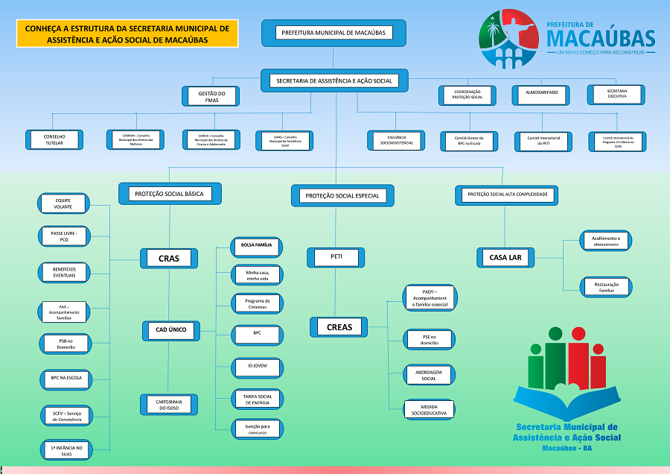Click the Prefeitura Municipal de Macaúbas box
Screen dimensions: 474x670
(x=334, y=34)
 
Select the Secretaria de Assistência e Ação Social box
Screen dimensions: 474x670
(x=334, y=80)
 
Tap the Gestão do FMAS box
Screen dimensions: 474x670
(x=211, y=96)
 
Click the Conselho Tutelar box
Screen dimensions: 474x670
(x=54, y=139)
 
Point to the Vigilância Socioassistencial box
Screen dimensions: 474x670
(x=395, y=140)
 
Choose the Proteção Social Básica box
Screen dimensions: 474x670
(x=170, y=194)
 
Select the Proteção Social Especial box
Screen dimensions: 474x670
(x=342, y=196)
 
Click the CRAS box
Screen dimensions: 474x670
(x=169, y=259)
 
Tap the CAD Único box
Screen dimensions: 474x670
(x=170, y=329)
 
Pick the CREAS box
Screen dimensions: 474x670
(x=339, y=326)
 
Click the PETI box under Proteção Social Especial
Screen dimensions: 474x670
(x=336, y=258)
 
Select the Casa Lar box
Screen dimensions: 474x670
(x=505, y=258)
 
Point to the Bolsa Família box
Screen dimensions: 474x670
(x=257, y=245)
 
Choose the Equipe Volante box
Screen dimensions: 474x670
(x=63, y=203)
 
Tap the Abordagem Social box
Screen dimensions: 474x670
(x=428, y=375)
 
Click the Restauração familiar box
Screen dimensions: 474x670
(x=607, y=286)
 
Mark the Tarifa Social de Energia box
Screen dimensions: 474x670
(x=257, y=399)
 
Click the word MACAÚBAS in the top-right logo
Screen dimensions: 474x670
(x=600, y=37)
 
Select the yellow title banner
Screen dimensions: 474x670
(x=127, y=34)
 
